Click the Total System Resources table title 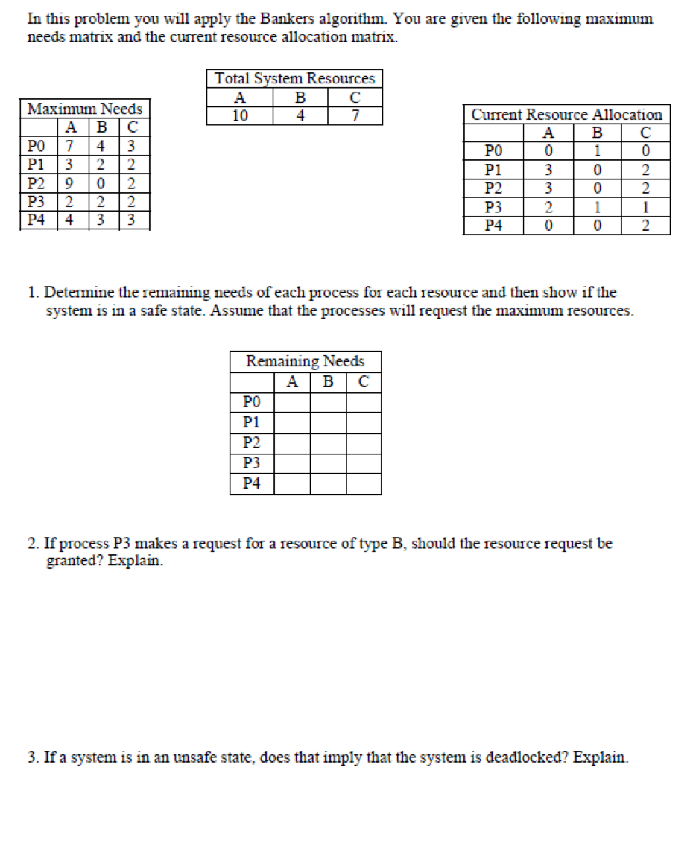[x=294, y=78]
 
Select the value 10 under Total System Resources [x=240, y=115]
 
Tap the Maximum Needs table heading [x=84, y=109]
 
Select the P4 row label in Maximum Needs [x=35, y=220]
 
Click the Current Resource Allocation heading [x=566, y=115]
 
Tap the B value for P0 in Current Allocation [x=597, y=152]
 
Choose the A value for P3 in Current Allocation [x=548, y=207]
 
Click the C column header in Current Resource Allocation [x=645, y=133]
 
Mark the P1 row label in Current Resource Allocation [x=493, y=171]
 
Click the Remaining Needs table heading [x=306, y=361]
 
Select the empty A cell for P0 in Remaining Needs [x=292, y=402]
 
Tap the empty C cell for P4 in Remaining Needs [x=364, y=483]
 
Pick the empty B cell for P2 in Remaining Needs [x=328, y=443]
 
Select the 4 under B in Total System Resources [x=300, y=115]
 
